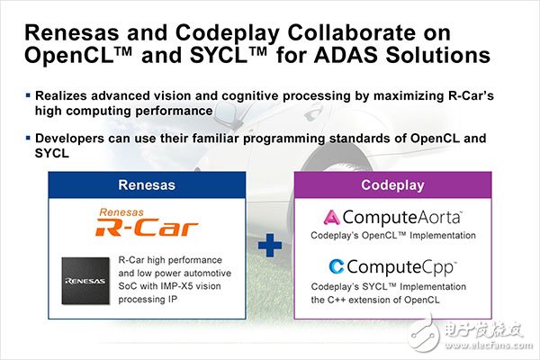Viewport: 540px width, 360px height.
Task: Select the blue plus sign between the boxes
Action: (270, 246)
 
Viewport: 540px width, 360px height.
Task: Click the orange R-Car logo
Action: (147, 228)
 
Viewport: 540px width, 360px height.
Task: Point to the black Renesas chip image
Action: (85, 281)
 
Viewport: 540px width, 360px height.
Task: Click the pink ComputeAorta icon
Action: (331, 218)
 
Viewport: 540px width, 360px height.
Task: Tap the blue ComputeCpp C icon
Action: (336, 266)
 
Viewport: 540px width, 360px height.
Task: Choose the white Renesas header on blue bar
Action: (147, 185)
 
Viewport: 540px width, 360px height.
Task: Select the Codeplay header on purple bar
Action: (392, 185)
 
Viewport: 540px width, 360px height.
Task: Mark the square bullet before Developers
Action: (28, 138)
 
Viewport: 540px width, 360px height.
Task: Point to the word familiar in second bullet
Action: (216, 138)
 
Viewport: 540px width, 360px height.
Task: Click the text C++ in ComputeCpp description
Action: (335, 300)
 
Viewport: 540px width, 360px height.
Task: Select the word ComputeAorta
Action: (401, 218)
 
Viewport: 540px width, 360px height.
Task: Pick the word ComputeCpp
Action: (400, 267)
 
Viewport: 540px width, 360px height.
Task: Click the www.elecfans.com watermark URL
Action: (489, 346)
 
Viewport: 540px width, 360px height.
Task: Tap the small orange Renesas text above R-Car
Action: (121, 212)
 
